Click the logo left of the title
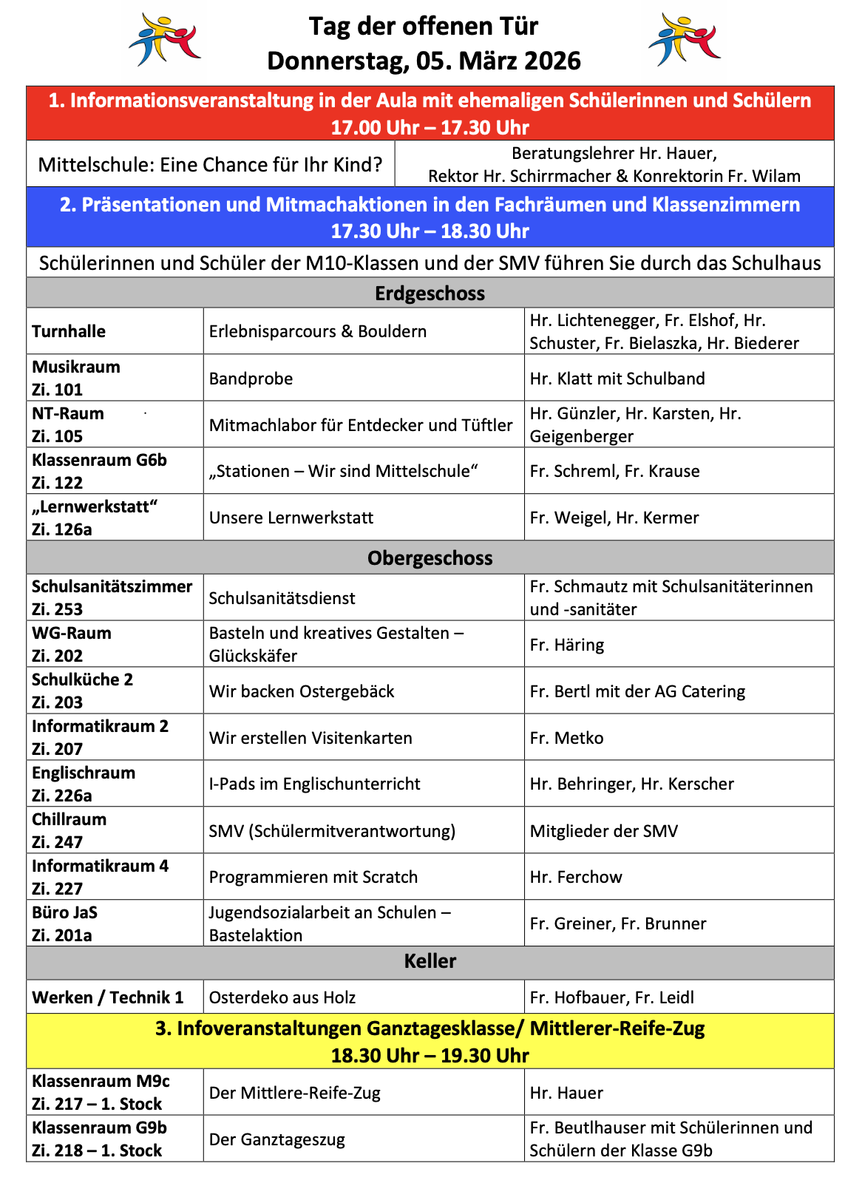point(164,41)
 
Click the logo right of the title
point(684,41)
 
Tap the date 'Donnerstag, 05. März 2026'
point(424,61)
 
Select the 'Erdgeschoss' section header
point(430,294)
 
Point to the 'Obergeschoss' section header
point(430,558)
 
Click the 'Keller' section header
point(430,961)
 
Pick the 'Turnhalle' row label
point(69,331)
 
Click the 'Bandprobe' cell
point(251,379)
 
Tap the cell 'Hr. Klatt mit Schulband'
point(617,379)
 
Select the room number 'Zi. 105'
point(57,436)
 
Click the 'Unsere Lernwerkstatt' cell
point(291,518)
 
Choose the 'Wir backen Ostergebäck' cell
point(302,691)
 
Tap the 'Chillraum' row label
point(69,819)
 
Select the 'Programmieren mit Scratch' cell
point(313,877)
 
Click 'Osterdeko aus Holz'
point(282,997)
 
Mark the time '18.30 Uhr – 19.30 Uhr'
point(430,1055)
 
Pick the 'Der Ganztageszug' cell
point(277,1139)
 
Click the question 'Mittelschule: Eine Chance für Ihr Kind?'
point(211,164)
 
